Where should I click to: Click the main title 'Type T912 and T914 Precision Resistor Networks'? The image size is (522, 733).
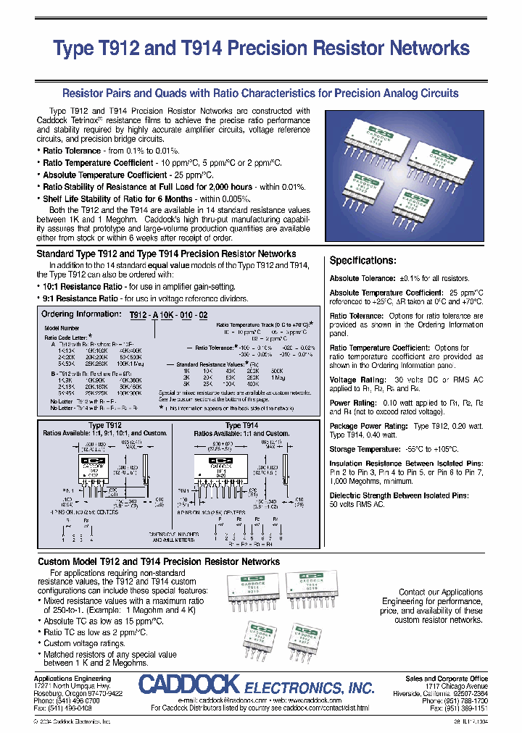pos(262,49)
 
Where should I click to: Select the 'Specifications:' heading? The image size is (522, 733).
pos(362,261)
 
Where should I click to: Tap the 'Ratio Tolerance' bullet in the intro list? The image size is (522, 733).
pos(72,151)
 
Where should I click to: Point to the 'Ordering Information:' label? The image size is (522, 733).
pos(80,314)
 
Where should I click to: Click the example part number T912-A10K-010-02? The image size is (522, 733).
pos(168,315)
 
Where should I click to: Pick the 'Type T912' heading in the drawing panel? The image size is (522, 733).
pos(105,426)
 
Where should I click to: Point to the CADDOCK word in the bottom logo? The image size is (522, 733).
pos(188,684)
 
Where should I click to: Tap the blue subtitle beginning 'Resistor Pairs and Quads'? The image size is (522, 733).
pos(261,93)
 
